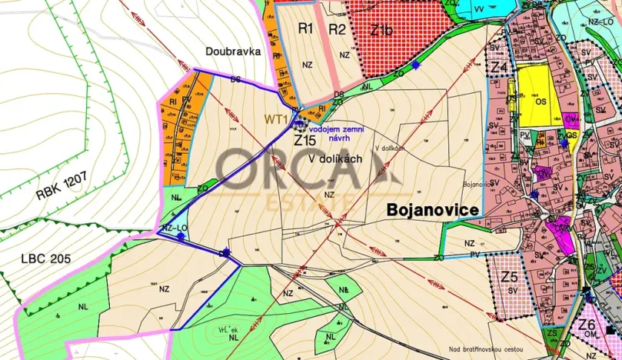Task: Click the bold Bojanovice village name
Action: coord(433,210)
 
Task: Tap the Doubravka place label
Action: coord(234,52)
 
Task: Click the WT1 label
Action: coord(275,119)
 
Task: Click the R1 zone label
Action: coord(306,29)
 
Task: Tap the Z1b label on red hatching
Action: coord(381,32)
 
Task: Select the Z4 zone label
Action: coord(499,68)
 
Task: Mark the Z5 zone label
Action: coord(509,275)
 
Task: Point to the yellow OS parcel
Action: coord(541,100)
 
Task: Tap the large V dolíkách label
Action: coord(334,158)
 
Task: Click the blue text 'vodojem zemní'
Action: coord(336,120)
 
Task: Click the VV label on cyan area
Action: coord(479,8)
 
